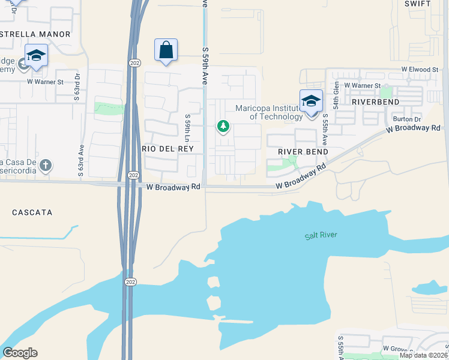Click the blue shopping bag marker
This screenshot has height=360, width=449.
click(x=166, y=50)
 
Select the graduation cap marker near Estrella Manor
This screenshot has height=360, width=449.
click(x=36, y=55)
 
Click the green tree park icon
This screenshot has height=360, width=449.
click(x=223, y=126)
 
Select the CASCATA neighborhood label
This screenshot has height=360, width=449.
click(x=32, y=212)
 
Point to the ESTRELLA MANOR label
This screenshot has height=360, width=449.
click(x=36, y=34)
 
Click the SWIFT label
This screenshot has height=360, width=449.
click(x=418, y=4)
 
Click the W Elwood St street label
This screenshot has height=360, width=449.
click(x=414, y=70)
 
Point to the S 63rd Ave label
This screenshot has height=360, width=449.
click(x=80, y=160)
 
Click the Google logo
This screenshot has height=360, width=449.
click(x=20, y=353)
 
